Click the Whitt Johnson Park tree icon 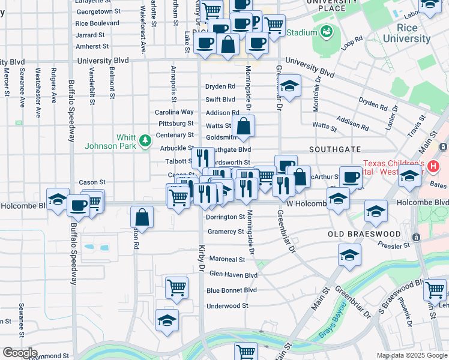tap(145, 140)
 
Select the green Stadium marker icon tap(327, 31)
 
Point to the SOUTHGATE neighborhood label tap(335, 149)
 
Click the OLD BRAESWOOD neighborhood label tap(364, 233)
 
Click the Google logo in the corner tap(19, 353)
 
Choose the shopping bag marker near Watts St tap(244, 127)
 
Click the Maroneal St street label tap(226, 260)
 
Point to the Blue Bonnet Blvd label tap(232, 290)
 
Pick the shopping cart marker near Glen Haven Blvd tap(176, 288)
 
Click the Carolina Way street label tap(174, 112)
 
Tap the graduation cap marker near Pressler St tap(349, 255)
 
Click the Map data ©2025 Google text tap(412, 356)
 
